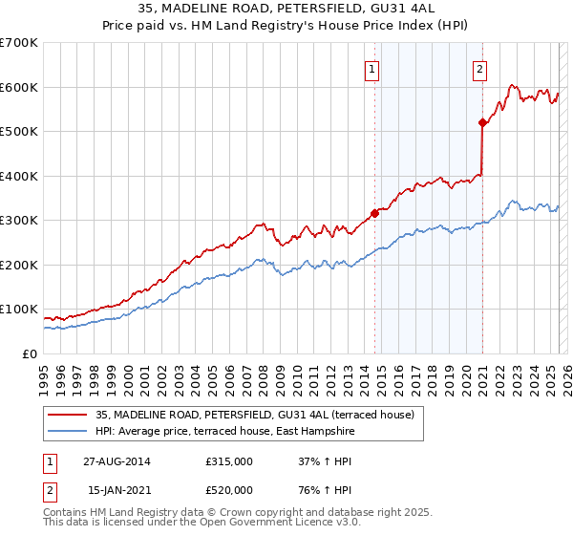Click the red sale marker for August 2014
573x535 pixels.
(x=374, y=213)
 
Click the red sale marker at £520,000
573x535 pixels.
(x=483, y=122)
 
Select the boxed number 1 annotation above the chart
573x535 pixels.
(x=371, y=68)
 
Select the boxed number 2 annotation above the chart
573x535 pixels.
(x=478, y=68)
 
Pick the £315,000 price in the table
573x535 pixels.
(x=229, y=460)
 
